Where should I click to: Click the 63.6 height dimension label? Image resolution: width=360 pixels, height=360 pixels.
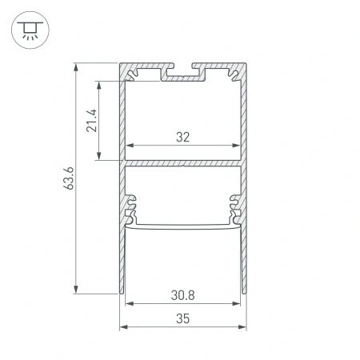tap(70, 179)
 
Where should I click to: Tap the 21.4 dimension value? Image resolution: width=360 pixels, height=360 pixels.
tap(92, 120)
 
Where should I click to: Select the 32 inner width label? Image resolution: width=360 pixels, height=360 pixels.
tap(183, 137)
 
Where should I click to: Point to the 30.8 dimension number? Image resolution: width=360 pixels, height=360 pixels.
tap(184, 294)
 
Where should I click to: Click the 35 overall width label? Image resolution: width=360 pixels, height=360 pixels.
tap(183, 318)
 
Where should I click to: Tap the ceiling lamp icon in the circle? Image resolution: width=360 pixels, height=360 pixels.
tap(30, 31)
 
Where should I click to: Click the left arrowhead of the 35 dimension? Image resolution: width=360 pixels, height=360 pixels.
tap(124, 327)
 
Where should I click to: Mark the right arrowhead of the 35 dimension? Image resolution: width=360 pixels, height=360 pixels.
tap(242, 327)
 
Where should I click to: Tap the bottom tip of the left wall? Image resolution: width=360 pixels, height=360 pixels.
tap(125, 291)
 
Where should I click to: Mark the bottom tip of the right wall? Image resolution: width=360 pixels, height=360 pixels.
tap(242, 291)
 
